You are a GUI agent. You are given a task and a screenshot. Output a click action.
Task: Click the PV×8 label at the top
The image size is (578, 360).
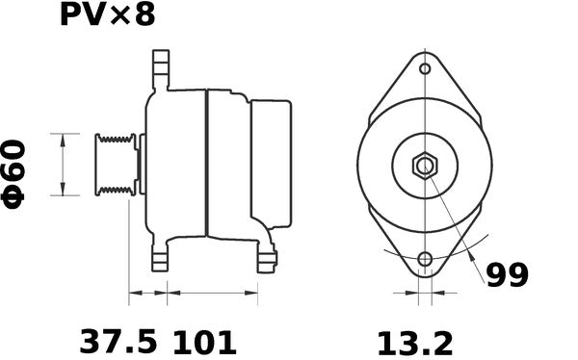pos(107,16)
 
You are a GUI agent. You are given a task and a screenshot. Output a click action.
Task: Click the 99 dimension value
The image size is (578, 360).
pos(506,275)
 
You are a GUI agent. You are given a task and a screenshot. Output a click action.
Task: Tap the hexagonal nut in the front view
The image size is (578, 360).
pos(425,166)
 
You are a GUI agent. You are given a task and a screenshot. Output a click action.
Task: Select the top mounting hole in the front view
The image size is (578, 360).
pos(425,69)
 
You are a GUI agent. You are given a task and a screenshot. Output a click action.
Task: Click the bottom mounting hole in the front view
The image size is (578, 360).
pos(425,259)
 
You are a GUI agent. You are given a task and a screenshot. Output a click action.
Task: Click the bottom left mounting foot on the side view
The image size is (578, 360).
pos(160,258)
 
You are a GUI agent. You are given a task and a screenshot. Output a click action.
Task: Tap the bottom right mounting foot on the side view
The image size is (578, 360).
pos(267,258)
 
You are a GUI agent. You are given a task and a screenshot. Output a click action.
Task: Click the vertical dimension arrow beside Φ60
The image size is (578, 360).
pos(64,165)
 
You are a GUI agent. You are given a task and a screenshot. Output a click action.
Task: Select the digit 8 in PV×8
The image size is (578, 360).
pos(144,16)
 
